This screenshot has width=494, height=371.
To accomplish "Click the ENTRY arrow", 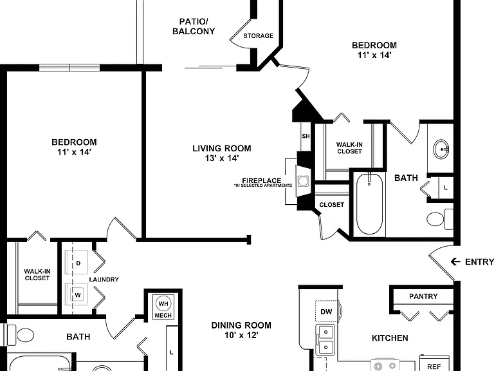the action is click(x=455, y=262).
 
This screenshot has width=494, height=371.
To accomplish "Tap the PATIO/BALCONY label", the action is click(x=194, y=26).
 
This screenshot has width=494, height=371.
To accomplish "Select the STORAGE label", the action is click(x=259, y=36).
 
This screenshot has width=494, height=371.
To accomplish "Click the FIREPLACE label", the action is click(x=262, y=180).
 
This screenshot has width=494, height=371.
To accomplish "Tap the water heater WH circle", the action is click(x=163, y=304).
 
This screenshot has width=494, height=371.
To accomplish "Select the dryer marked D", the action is click(x=77, y=263).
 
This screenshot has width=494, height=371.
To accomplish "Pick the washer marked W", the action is click(x=77, y=294).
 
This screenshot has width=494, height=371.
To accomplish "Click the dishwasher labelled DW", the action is click(x=327, y=312).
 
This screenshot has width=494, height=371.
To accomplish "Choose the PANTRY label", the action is click(x=423, y=296).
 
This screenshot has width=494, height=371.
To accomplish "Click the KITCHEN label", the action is click(x=390, y=338).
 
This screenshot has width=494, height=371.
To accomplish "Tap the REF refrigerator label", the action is click(x=434, y=366).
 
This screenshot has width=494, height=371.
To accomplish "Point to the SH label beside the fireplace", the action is click(x=306, y=137).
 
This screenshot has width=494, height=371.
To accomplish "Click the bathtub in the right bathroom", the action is click(x=370, y=204).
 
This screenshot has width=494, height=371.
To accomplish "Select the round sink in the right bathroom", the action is click(x=441, y=149).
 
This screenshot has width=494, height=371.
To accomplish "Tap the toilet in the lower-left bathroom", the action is click(x=21, y=335).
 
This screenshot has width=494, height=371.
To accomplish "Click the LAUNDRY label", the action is click(x=104, y=280).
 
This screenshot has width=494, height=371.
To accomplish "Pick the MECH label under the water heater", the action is click(x=163, y=316).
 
